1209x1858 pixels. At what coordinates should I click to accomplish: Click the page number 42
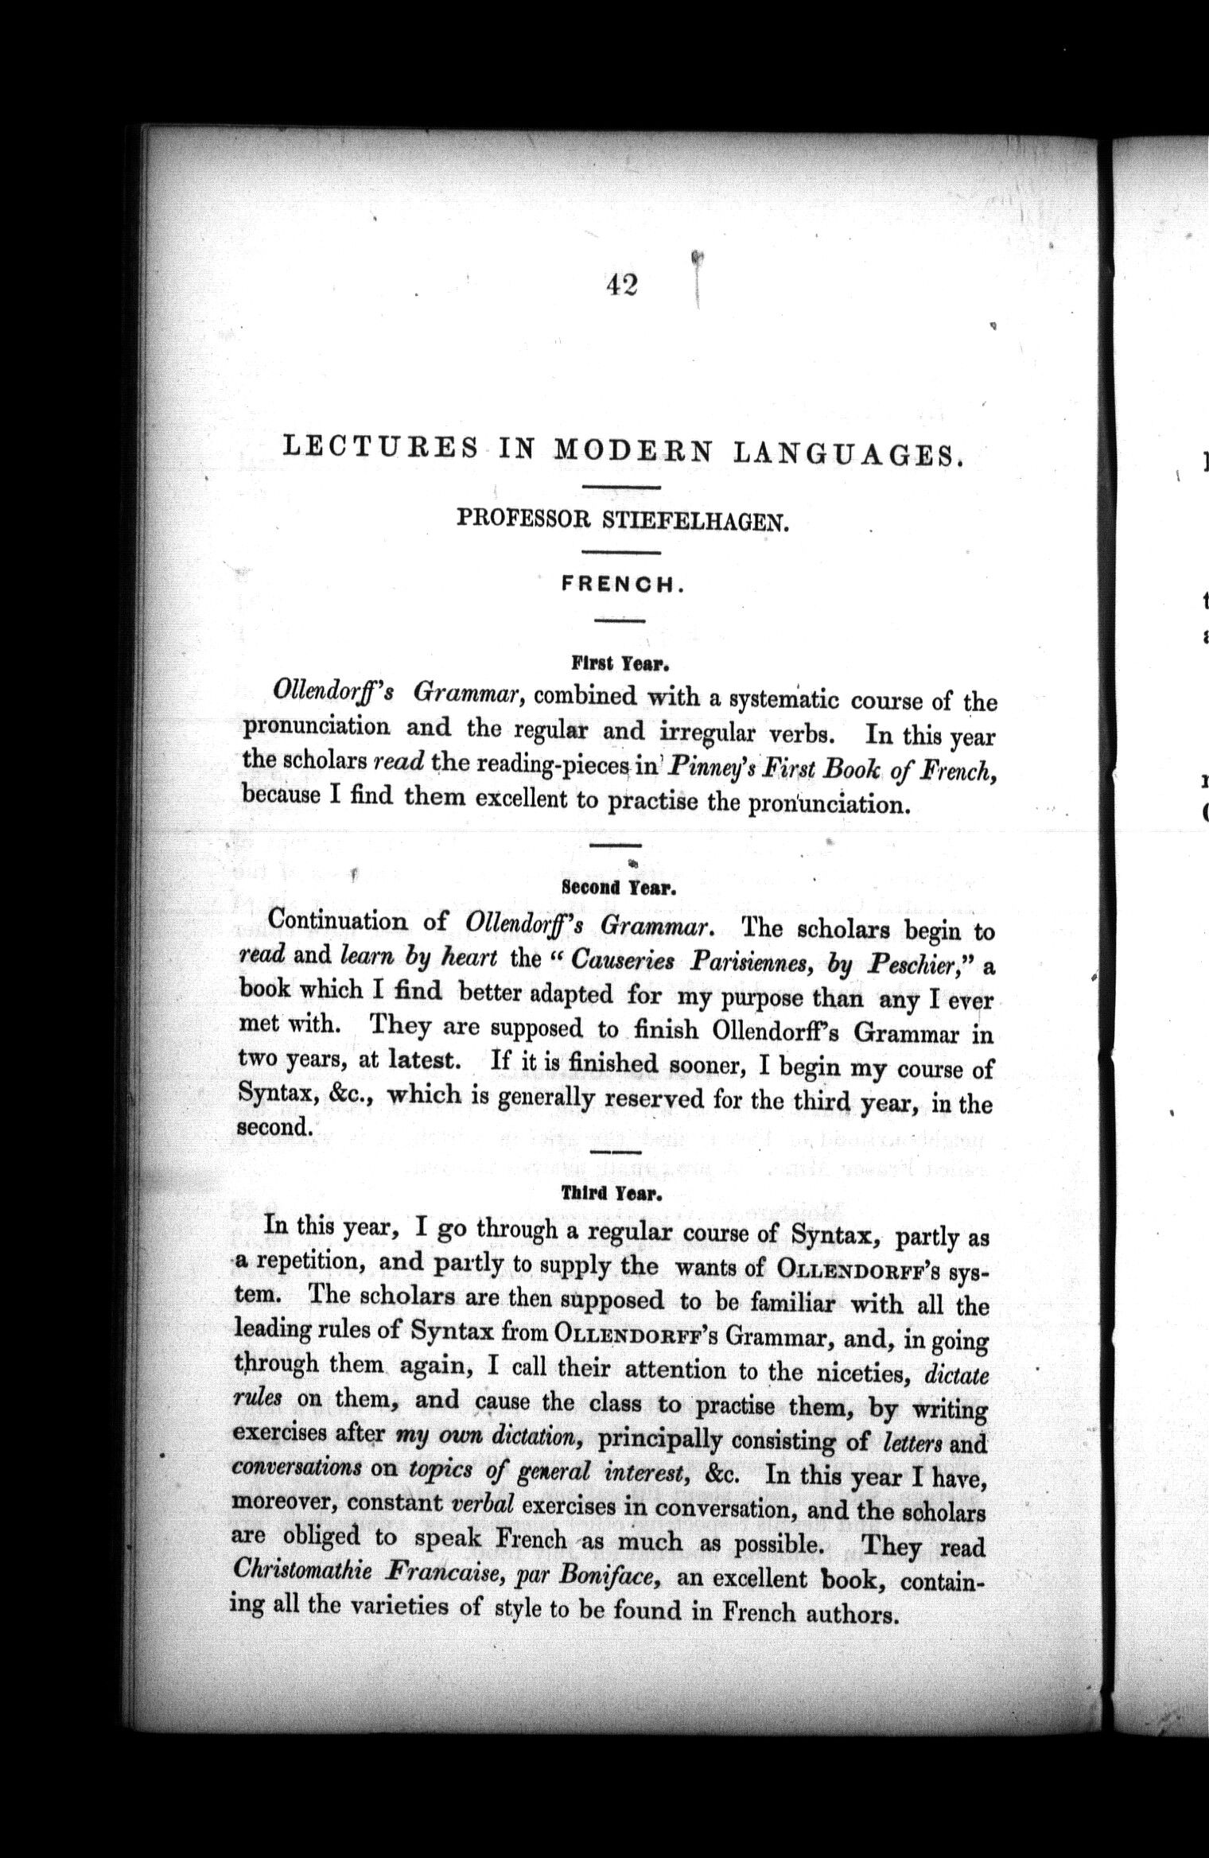point(621,284)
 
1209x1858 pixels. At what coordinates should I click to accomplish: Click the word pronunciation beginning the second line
point(317,728)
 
